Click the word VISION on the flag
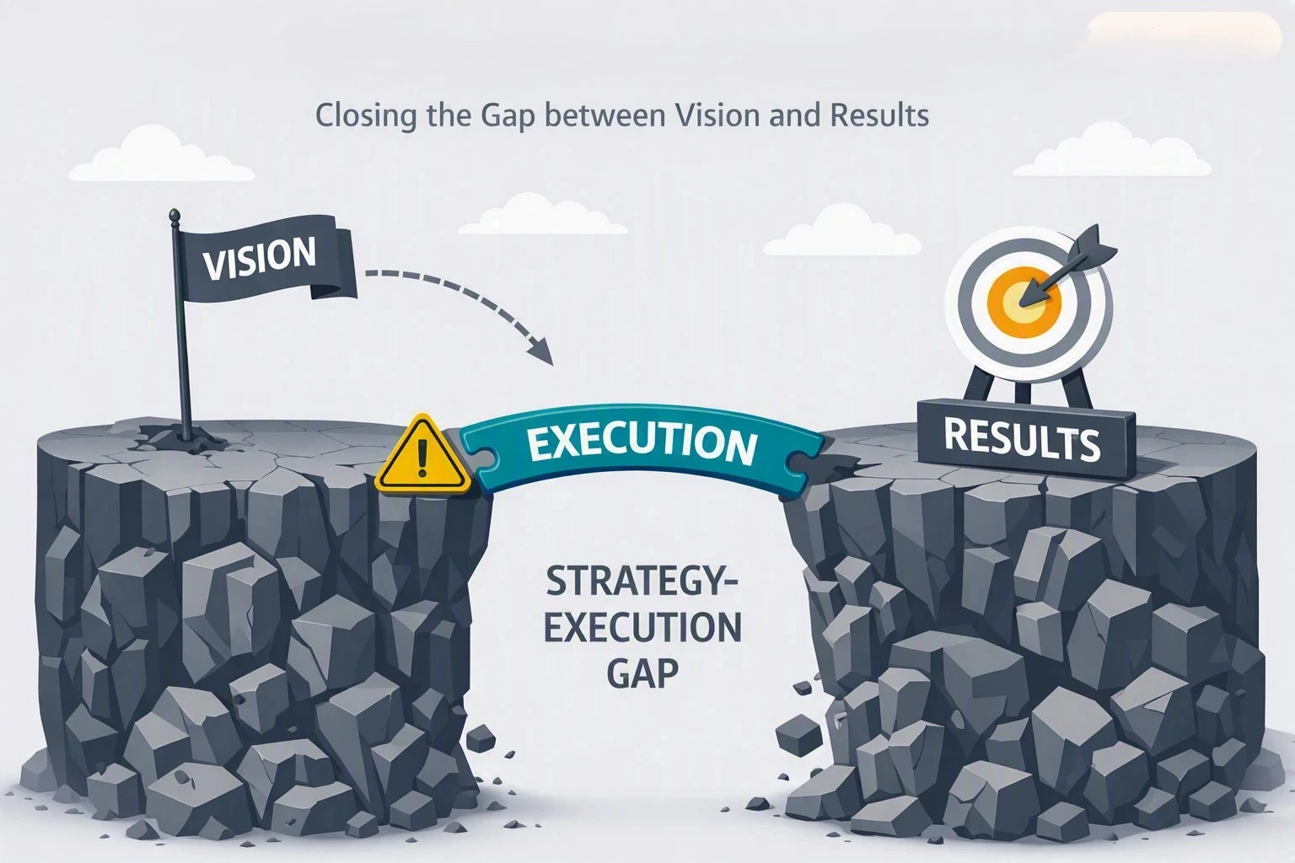click(259, 259)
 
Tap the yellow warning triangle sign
click(423, 455)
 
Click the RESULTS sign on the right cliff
click(1025, 440)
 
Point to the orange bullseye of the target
click(1024, 303)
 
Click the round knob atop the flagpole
click(173, 214)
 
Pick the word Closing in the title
click(365, 115)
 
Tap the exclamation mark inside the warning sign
click(423, 458)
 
